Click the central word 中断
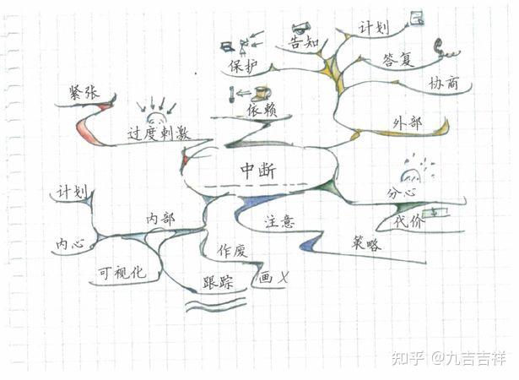(257, 169)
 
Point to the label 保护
(243, 65)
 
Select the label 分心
(403, 193)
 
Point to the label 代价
(411, 221)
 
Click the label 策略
(366, 244)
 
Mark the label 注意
(279, 222)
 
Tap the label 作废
(231, 251)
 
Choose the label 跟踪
(218, 282)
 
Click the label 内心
(70, 243)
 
